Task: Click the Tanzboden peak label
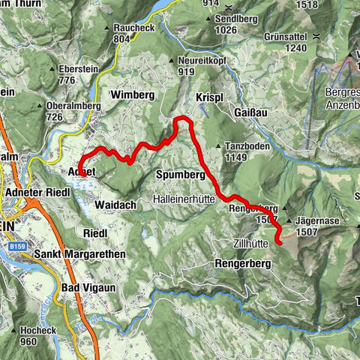pyautogui.click(x=247, y=147)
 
